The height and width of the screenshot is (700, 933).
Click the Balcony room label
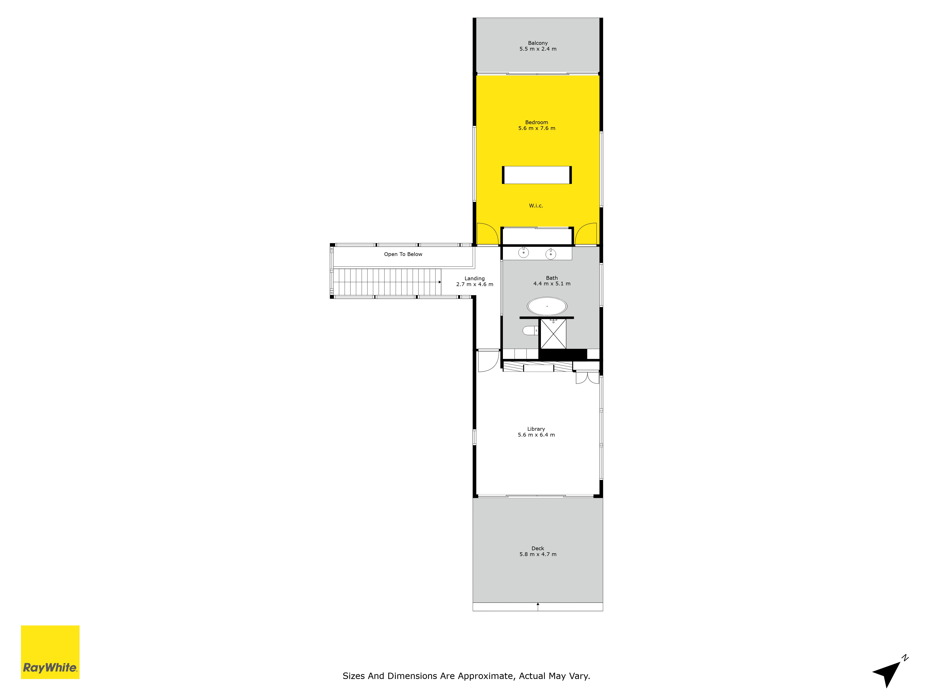538,43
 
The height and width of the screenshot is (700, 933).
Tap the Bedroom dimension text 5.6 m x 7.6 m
536,128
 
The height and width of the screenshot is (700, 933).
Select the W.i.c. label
536,206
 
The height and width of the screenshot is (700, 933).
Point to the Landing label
474,278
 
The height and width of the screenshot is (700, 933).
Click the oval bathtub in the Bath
547,306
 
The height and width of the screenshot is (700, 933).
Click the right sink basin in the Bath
550,254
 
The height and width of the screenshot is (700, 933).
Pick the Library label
536,429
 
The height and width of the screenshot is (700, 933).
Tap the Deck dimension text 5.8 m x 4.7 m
538,554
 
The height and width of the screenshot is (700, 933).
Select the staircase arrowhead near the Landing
439,282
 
